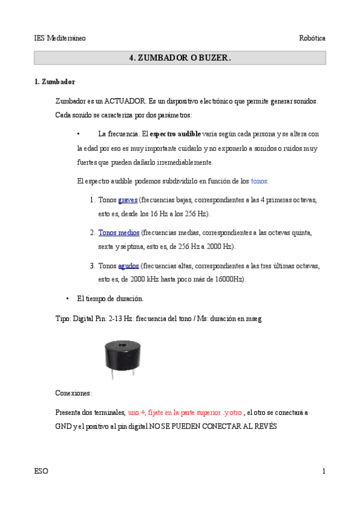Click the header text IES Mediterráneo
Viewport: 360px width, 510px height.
(x=59, y=38)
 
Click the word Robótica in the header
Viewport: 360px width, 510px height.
(x=313, y=38)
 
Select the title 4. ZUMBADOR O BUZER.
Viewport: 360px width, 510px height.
(x=180, y=58)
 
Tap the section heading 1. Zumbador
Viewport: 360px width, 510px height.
(x=55, y=82)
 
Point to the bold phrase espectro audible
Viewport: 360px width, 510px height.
(x=175, y=134)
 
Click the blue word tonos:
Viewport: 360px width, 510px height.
(x=260, y=180)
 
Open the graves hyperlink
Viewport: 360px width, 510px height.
(x=127, y=200)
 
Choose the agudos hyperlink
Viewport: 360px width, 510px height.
(x=129, y=265)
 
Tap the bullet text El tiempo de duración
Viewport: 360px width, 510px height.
(x=110, y=298)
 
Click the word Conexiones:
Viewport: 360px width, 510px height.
(x=73, y=393)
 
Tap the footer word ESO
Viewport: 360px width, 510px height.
(x=41, y=472)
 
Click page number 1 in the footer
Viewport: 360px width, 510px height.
(x=323, y=472)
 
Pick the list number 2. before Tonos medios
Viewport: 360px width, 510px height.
(x=93, y=232)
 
